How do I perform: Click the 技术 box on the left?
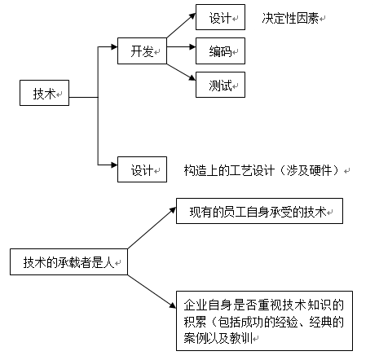point(45,94)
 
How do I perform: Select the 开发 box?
point(142,50)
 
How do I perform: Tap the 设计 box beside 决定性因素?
point(220,18)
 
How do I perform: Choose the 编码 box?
point(220,50)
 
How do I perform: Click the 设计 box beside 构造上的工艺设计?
point(142,171)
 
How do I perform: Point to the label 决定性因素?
point(291,18)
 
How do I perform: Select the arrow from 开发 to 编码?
point(181,50)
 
